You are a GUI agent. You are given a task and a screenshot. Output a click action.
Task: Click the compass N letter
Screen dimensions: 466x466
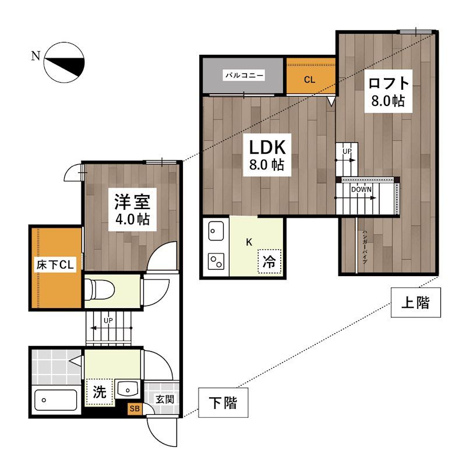click(36, 56)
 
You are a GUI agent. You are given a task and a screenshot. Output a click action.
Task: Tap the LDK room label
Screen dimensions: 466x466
click(267, 147)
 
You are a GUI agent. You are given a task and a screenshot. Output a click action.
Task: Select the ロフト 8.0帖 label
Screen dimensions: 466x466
click(389, 91)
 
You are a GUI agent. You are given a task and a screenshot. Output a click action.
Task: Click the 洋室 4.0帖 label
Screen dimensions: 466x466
click(132, 210)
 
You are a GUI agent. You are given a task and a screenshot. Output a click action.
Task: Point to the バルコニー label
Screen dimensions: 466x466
click(244, 76)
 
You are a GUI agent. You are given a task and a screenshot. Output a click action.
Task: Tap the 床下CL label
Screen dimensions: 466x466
click(55, 264)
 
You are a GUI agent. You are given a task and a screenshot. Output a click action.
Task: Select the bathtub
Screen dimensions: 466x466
click(55, 400)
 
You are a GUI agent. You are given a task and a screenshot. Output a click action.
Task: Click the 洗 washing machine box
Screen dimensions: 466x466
click(100, 392)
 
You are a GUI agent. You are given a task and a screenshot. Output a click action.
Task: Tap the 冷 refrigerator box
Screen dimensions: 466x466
click(269, 262)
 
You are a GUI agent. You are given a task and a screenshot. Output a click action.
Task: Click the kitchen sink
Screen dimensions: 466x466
click(216, 231)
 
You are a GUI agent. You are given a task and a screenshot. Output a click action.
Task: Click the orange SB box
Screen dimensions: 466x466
click(135, 409)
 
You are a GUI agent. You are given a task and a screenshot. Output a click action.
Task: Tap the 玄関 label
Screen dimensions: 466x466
click(165, 399)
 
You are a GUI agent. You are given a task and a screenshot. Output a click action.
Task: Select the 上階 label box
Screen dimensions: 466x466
click(416, 302)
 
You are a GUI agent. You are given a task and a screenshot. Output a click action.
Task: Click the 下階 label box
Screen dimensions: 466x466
click(223, 403)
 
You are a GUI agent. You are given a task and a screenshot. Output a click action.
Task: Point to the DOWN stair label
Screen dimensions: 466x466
click(361, 189)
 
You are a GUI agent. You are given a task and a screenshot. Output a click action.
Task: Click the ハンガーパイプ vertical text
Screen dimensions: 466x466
click(365, 247)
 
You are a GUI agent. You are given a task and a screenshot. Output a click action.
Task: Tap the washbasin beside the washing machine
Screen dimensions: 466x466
click(128, 389)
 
